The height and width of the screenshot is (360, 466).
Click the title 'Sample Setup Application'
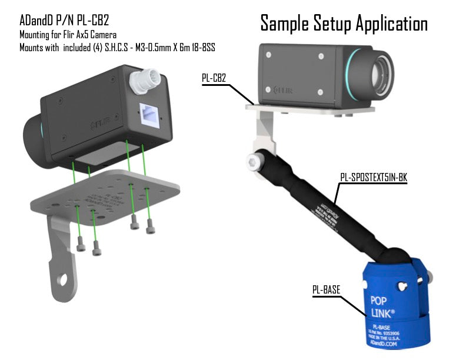[344, 23]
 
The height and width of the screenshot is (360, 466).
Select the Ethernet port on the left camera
[151, 114]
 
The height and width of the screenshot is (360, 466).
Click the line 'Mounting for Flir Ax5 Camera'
[68, 35]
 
